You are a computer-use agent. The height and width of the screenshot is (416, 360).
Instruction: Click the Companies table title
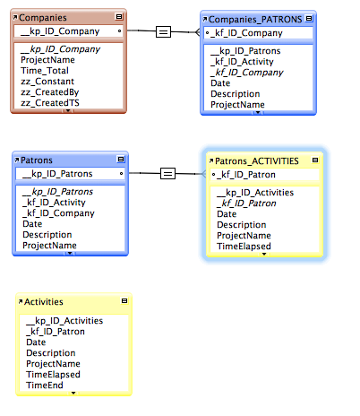(43, 18)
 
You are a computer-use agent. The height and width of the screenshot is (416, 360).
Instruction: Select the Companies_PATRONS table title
(255, 20)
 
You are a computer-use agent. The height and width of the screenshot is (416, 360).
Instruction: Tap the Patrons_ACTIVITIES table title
(257, 161)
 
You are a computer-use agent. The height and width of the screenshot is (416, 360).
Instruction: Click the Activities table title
(44, 302)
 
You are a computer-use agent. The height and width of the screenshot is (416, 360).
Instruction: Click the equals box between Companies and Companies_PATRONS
(163, 31)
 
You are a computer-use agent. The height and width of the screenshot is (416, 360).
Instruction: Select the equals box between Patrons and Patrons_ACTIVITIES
(167, 173)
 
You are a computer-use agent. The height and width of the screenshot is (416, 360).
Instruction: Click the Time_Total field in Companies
(45, 71)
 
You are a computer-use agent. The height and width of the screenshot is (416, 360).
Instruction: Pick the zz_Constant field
(47, 82)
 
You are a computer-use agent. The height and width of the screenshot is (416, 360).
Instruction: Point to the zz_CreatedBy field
(49, 92)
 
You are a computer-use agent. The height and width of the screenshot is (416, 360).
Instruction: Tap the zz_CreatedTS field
(50, 103)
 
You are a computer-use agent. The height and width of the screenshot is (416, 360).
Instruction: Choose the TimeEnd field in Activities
(45, 386)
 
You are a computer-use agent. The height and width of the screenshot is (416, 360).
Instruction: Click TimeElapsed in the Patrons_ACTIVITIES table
(244, 247)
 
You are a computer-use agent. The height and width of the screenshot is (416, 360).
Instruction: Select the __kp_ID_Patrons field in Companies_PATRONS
(245, 51)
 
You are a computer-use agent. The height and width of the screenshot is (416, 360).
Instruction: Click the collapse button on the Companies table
(119, 17)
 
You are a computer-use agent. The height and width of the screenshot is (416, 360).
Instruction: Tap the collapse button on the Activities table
(124, 300)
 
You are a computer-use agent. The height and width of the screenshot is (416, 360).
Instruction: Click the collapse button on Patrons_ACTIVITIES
(315, 160)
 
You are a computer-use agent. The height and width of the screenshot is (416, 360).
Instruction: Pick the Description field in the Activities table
(51, 353)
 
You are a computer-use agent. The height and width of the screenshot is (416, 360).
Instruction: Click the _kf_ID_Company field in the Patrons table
(58, 213)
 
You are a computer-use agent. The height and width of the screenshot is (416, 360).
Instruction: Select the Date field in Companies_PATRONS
(220, 83)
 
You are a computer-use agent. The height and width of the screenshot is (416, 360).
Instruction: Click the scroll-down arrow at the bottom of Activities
(73, 393)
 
